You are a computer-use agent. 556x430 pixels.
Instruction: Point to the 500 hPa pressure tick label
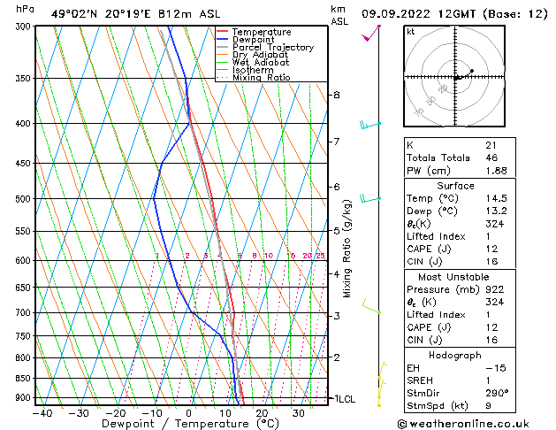click(24, 199)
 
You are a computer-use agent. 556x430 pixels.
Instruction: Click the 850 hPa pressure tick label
click(24, 379)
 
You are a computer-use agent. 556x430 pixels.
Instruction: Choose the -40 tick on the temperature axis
click(42, 412)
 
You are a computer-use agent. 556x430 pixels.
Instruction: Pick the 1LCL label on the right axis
click(343, 399)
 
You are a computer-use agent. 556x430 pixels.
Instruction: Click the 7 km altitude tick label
click(336, 142)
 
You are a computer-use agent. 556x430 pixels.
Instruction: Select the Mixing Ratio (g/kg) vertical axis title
click(347, 249)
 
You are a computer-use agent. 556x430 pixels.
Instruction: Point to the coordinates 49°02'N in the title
click(74, 13)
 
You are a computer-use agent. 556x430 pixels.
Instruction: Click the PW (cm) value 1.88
click(497, 171)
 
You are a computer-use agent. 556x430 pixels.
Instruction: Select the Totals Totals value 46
click(491, 157)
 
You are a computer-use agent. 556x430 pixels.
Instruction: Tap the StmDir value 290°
click(495, 393)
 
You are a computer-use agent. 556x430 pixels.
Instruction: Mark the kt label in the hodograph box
click(411, 32)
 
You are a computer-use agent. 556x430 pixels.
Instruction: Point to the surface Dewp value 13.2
click(495, 211)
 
